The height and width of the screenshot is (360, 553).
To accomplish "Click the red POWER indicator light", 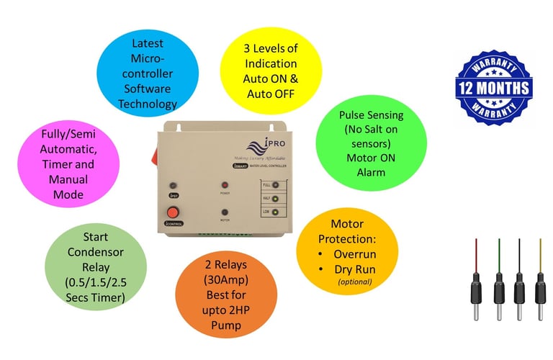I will click(x=224, y=186).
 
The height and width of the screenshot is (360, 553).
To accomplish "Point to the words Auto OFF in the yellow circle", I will click(x=269, y=93).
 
